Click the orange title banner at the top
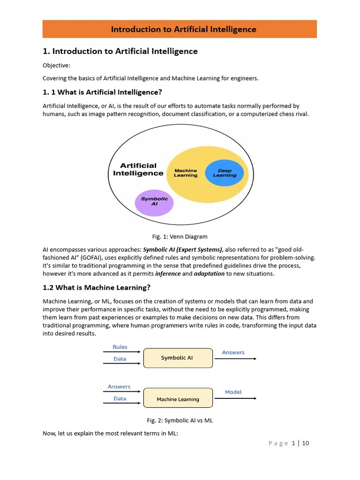(x=180, y=29)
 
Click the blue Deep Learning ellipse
(x=225, y=173)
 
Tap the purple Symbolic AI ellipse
(x=154, y=202)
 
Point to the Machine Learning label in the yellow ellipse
(x=186, y=173)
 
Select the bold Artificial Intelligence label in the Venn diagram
(x=138, y=169)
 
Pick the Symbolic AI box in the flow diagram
(x=178, y=358)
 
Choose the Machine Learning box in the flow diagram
(x=178, y=399)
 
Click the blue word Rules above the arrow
(x=120, y=347)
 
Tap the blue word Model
(x=233, y=392)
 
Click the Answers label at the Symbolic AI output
(x=233, y=352)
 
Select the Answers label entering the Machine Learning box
(x=119, y=387)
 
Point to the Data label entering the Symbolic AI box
(x=120, y=359)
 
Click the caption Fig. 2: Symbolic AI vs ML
(x=180, y=420)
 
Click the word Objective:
(x=56, y=66)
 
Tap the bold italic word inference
(x=168, y=274)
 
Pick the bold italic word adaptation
(x=209, y=274)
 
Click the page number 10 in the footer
(x=306, y=443)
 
